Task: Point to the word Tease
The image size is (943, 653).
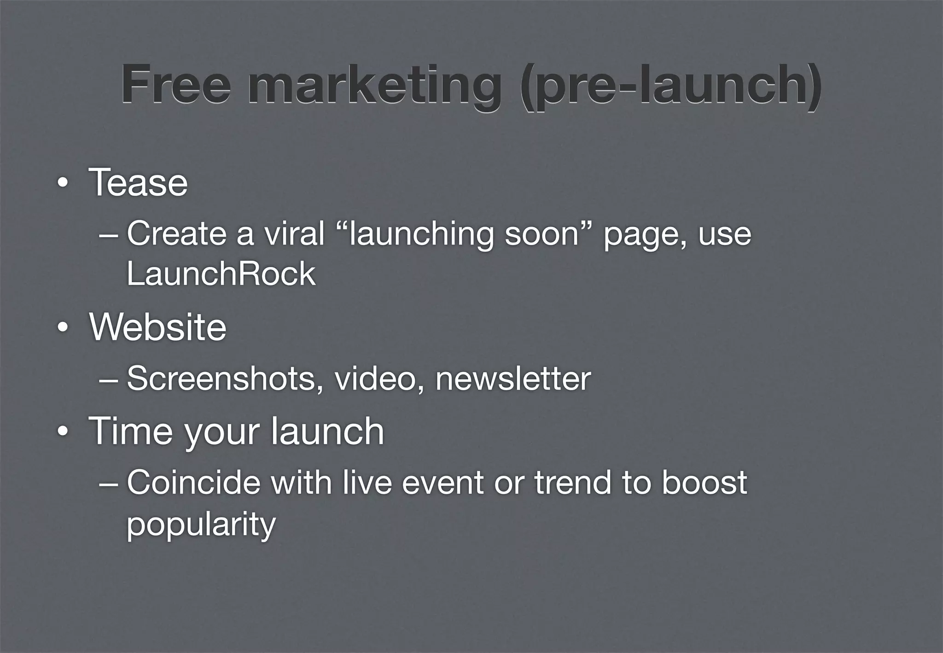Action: tap(138, 183)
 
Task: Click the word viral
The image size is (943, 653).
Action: tap(294, 233)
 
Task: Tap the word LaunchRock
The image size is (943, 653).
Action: tap(221, 274)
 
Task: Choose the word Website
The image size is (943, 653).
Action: tap(158, 327)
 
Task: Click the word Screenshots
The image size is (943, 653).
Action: tap(225, 379)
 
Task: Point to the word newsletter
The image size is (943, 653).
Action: tap(513, 379)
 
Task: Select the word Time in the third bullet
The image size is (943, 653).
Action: tap(130, 431)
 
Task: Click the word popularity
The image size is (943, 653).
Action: tap(201, 524)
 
